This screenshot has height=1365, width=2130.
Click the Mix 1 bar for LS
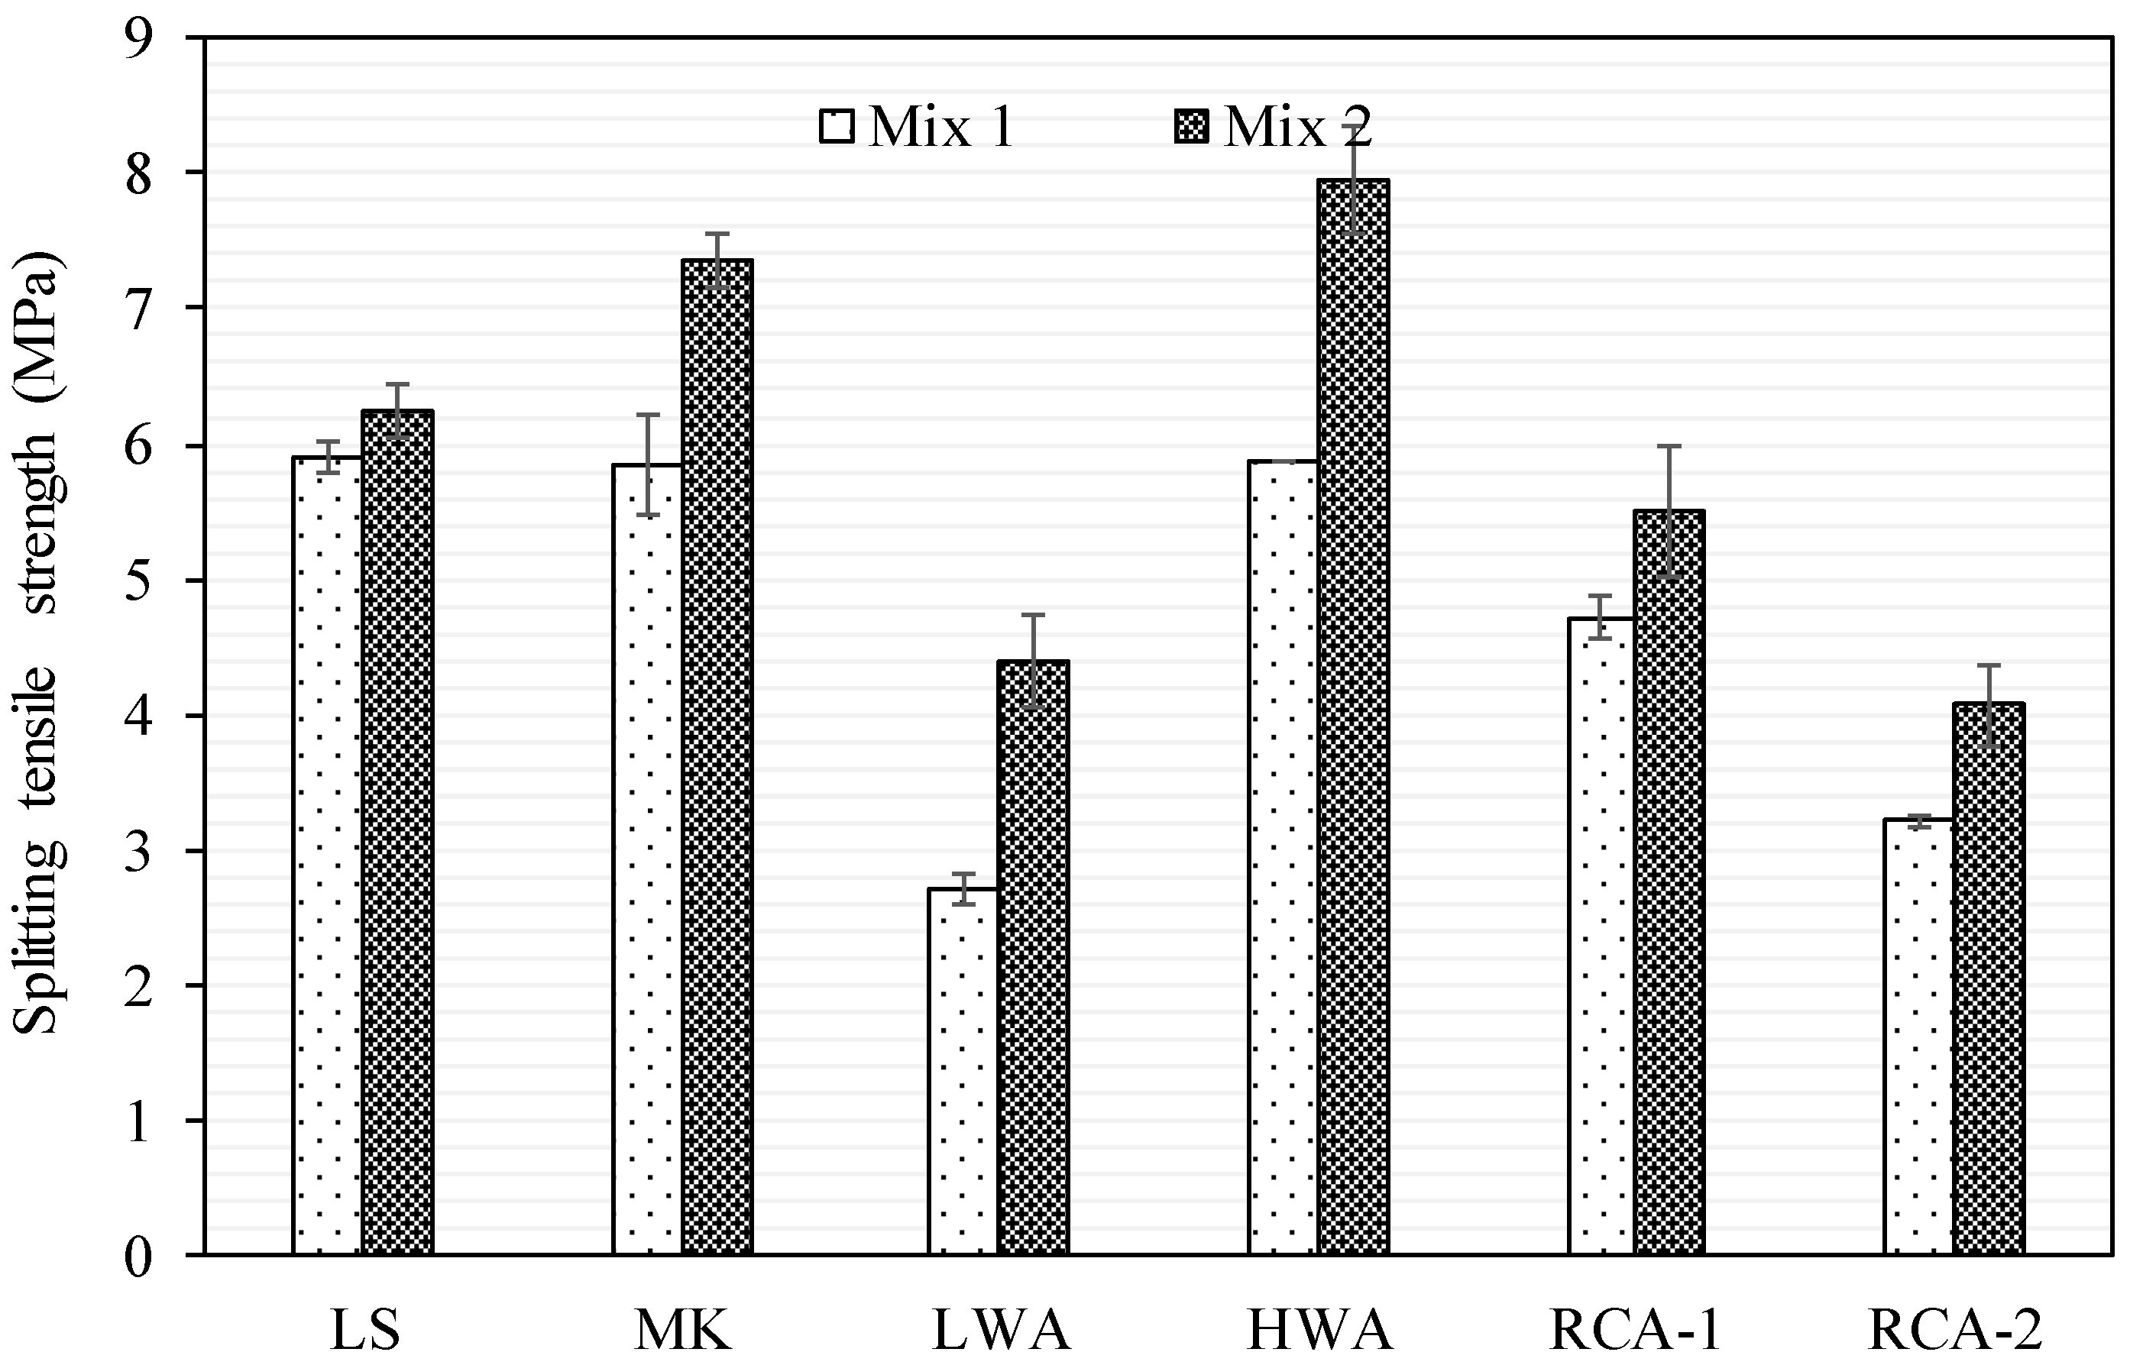327,856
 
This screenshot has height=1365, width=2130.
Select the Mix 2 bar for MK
717,758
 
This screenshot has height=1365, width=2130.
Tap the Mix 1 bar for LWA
963,1072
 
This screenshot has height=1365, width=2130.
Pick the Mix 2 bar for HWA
1354,717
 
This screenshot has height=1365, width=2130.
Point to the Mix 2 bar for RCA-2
1989,979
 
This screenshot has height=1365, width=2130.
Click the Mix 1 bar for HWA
1284,858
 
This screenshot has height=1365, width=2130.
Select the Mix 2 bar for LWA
1034,958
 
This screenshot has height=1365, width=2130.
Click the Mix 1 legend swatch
837,127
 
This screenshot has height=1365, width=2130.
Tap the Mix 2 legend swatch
1190,127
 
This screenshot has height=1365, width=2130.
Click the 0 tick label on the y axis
138,1257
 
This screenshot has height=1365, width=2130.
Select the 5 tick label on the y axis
138,581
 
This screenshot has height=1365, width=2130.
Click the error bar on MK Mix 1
648,464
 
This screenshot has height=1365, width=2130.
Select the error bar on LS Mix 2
397,411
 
